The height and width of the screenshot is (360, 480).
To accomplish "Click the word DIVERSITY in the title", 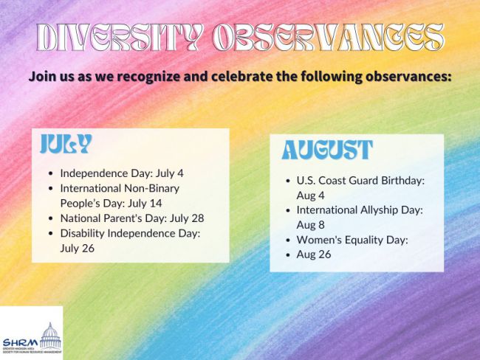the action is click(x=120, y=37).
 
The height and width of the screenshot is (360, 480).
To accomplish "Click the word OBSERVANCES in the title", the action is click(x=328, y=37).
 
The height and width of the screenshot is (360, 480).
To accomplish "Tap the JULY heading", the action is click(x=66, y=143).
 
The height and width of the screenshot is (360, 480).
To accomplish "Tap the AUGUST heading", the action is click(x=327, y=150).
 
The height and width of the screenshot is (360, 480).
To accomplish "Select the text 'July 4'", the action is click(x=170, y=173).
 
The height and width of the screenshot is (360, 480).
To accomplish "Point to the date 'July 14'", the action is click(x=145, y=204).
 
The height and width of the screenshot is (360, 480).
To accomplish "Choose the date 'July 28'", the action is click(x=187, y=218).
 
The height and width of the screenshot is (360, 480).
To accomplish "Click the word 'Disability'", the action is click(x=83, y=233).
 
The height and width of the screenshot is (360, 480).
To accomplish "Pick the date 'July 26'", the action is click(x=77, y=248).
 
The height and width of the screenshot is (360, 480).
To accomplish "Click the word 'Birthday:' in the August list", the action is click(x=403, y=181).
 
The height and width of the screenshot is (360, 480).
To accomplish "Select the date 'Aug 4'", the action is click(x=310, y=195).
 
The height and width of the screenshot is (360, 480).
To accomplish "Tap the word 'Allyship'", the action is click(x=374, y=210).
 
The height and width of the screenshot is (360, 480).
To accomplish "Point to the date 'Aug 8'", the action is click(x=310, y=225).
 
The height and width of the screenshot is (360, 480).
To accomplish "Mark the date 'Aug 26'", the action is click(x=314, y=255).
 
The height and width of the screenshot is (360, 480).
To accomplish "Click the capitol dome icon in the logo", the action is click(x=50, y=336).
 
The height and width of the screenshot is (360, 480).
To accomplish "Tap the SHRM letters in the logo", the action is click(x=21, y=342).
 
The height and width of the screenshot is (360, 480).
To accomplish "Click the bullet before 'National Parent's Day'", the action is click(x=51, y=218).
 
